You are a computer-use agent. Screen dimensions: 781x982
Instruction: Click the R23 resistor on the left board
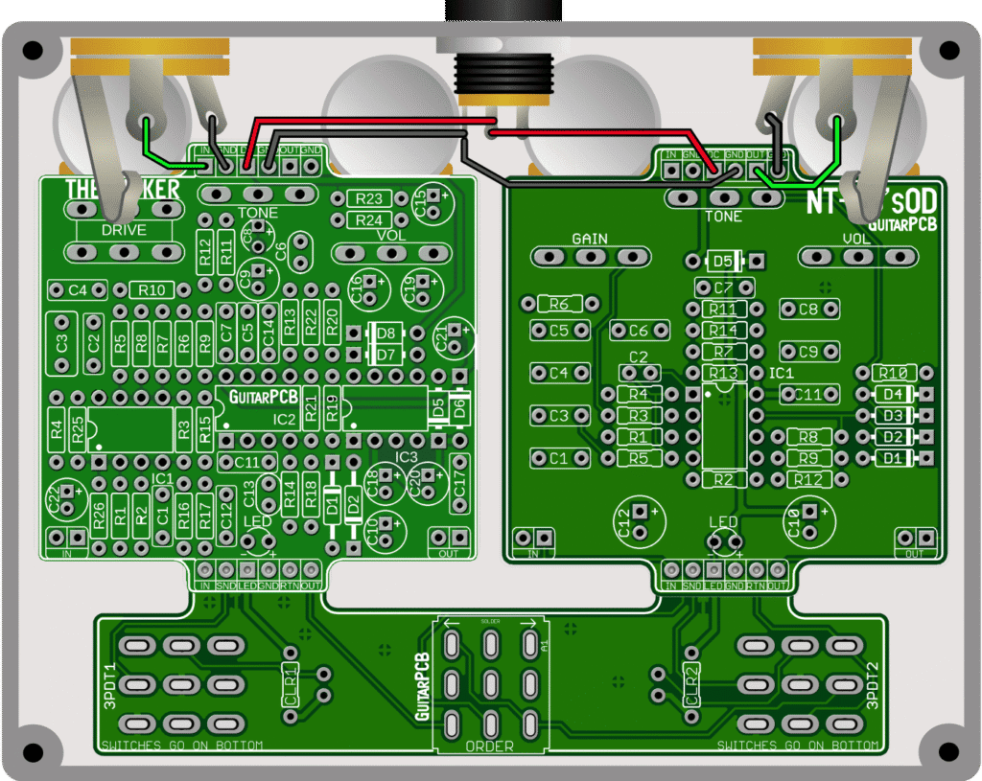click(369, 199)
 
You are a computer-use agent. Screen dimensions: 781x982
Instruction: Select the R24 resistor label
click(369, 220)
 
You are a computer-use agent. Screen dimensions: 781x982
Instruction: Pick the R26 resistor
click(99, 520)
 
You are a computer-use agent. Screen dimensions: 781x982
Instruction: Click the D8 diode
click(386, 333)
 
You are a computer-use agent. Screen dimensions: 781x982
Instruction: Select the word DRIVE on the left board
click(124, 230)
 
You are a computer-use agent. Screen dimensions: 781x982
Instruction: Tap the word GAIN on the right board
click(590, 239)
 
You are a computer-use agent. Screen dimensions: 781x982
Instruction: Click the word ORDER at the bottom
click(489, 747)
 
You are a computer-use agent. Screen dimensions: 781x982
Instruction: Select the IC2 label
click(284, 420)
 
